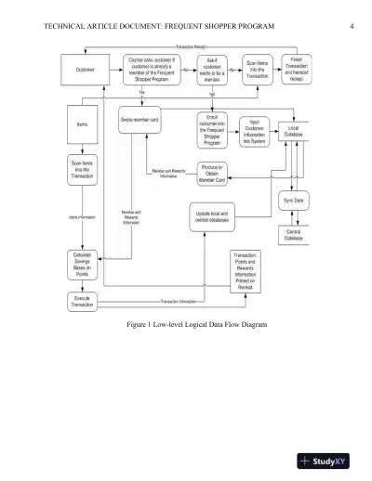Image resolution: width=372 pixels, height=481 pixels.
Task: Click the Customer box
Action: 86,70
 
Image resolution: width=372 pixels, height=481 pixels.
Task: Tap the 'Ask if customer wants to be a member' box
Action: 212,70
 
